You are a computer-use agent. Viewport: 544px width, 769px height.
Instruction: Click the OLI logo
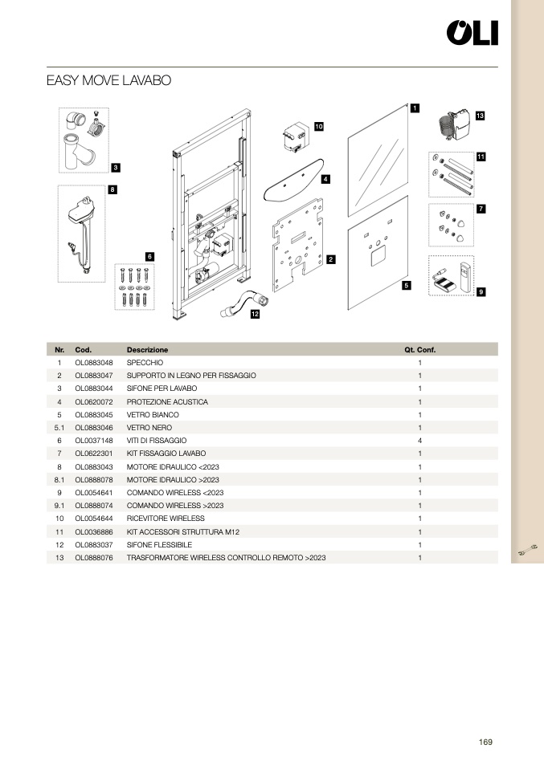(472, 33)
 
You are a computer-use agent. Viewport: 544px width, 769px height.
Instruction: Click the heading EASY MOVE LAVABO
(108, 81)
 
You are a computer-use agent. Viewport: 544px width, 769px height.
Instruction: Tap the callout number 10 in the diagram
(319, 127)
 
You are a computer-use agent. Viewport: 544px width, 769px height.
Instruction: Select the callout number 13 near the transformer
(480, 116)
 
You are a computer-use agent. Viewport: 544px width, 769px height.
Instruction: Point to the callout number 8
(112, 190)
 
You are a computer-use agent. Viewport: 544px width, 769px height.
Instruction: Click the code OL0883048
(94, 363)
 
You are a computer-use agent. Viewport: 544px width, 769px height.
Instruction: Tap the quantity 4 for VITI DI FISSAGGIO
(419, 441)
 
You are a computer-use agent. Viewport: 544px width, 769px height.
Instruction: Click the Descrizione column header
(148, 350)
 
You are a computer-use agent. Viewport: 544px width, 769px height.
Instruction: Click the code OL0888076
(94, 557)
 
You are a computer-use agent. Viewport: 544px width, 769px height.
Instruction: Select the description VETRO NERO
(149, 428)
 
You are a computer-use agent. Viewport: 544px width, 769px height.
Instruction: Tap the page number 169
(485, 742)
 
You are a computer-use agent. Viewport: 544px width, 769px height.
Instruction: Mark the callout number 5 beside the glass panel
(407, 285)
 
